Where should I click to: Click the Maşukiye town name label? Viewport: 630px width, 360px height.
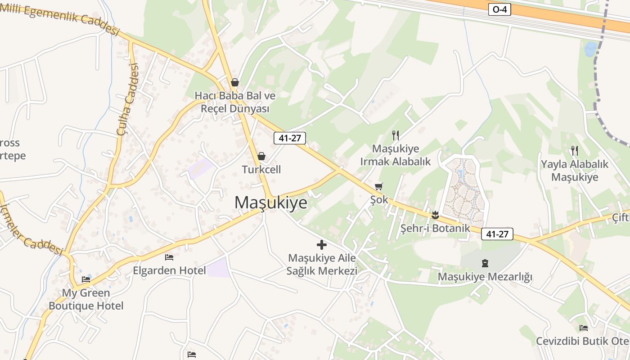click(x=270, y=202)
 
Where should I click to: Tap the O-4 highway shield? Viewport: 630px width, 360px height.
click(x=499, y=9)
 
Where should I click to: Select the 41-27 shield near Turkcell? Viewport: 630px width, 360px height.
click(x=289, y=138)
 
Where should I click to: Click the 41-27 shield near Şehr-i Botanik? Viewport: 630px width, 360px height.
click(x=497, y=234)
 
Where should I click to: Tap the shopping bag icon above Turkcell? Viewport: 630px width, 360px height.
click(x=261, y=156)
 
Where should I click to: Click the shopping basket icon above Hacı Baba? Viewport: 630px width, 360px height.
click(x=234, y=82)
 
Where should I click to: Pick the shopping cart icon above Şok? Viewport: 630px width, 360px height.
click(x=379, y=186)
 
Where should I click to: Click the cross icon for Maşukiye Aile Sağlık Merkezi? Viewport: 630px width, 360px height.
click(x=321, y=245)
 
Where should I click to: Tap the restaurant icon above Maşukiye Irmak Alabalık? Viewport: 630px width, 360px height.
click(x=396, y=135)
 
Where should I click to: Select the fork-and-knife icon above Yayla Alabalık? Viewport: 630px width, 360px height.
click(x=574, y=150)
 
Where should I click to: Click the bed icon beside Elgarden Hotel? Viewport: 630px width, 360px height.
click(x=169, y=257)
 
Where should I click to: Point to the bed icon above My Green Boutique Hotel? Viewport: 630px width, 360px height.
click(x=86, y=279)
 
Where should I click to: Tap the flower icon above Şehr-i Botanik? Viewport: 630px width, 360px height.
click(x=435, y=215)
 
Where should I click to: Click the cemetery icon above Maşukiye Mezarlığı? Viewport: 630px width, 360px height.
click(x=485, y=263)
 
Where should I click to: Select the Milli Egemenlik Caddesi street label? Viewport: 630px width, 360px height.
click(x=60, y=18)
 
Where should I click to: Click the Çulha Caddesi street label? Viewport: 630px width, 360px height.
click(x=127, y=99)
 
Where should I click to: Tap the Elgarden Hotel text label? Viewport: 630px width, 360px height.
click(x=169, y=270)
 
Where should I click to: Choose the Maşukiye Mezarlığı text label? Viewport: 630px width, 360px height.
click(x=485, y=276)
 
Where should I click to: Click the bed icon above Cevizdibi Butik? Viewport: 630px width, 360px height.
click(x=584, y=328)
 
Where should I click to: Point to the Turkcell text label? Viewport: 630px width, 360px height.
click(x=261, y=170)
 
